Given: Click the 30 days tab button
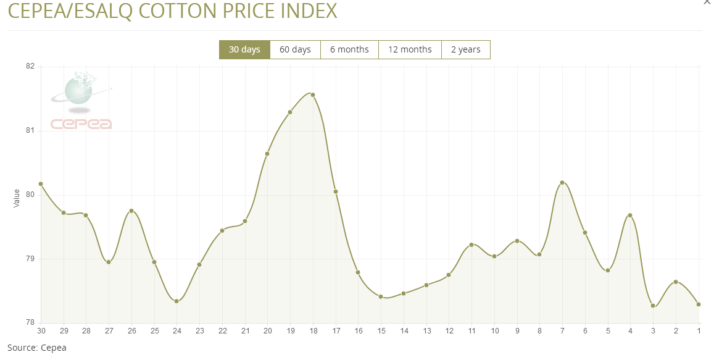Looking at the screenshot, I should click(244, 50).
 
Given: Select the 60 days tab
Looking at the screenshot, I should click(295, 50).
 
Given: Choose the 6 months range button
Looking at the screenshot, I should click(349, 50).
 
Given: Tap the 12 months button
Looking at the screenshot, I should click(410, 50).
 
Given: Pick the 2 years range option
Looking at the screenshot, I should click(465, 50).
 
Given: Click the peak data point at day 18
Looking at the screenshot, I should click(313, 95).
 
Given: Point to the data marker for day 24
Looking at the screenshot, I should click(176, 301).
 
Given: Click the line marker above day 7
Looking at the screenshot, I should click(562, 183).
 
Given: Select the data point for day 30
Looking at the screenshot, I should click(41, 184).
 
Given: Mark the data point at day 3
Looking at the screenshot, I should click(653, 306).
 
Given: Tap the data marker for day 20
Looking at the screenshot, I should click(267, 154).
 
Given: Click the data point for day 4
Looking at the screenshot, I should click(630, 216).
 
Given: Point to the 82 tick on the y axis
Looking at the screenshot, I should click(30, 67).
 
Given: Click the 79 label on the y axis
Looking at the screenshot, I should click(30, 259).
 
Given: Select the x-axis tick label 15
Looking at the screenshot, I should click(381, 331).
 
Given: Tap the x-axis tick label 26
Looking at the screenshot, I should click(131, 331).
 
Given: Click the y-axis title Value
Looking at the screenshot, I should click(17, 198).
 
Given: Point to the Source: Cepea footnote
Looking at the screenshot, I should click(36, 348).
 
